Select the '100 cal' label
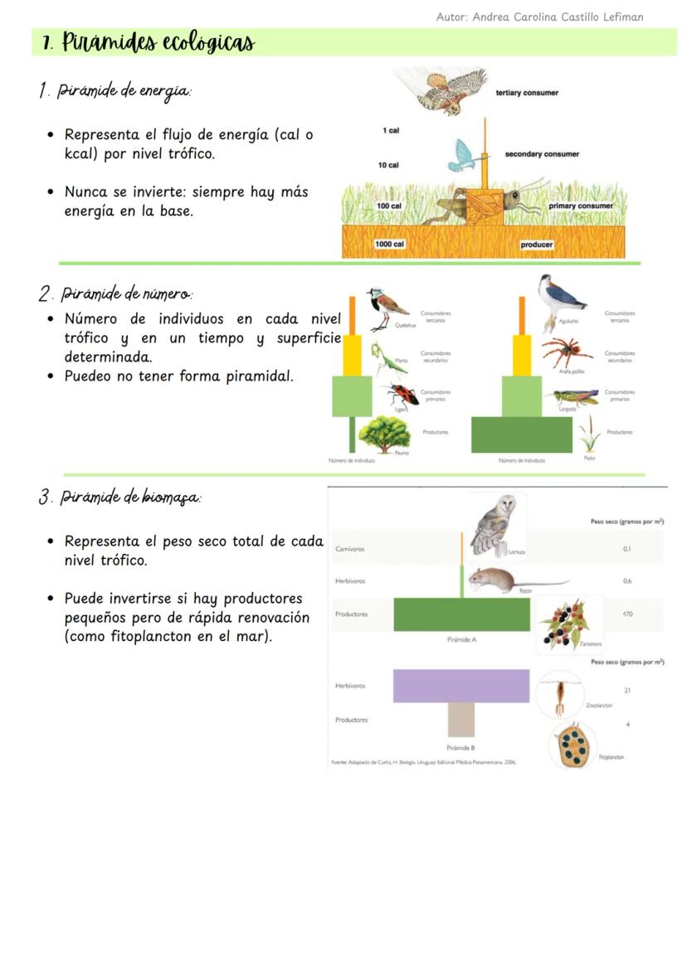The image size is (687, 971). click(388, 206)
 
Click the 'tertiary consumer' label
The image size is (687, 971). click(527, 93)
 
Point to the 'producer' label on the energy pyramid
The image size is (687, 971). click(536, 245)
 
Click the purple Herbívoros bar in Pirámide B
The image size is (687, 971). click(460, 686)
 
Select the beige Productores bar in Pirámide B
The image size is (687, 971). click(460, 720)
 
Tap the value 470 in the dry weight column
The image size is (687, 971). click(626, 614)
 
